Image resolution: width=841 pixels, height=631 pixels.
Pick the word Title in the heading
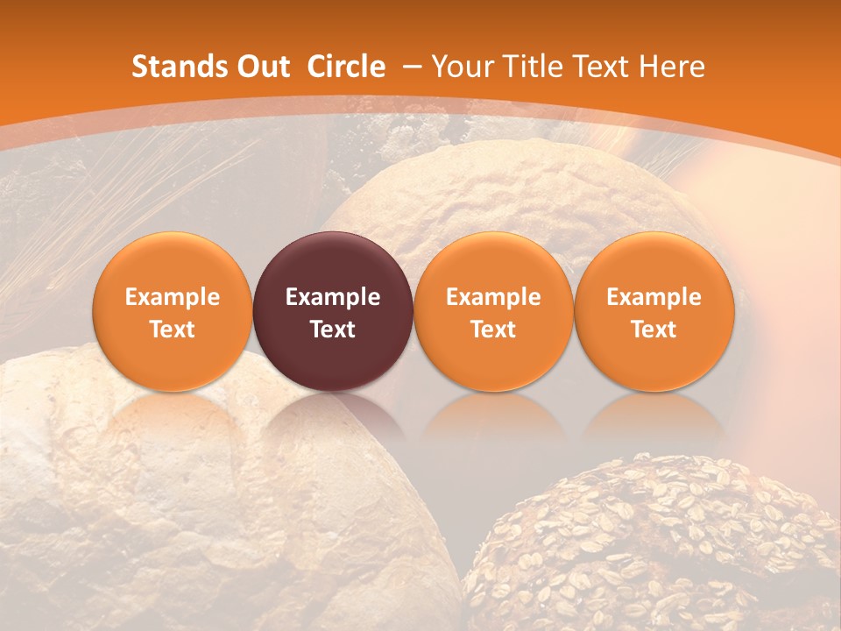pos(529,67)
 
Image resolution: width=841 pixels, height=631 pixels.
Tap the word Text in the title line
pos(600,67)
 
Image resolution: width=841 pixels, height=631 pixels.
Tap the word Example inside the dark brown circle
pos(333,297)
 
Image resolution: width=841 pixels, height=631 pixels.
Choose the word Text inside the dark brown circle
pos(333,330)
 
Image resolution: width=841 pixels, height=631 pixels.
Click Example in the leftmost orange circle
pos(173,297)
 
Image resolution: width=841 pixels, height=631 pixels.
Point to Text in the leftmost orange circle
pos(173,330)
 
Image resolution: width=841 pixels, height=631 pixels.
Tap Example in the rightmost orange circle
pos(654,297)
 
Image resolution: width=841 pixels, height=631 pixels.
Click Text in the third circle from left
pos(493,330)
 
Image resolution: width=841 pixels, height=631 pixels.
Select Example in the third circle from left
pos(493,297)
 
